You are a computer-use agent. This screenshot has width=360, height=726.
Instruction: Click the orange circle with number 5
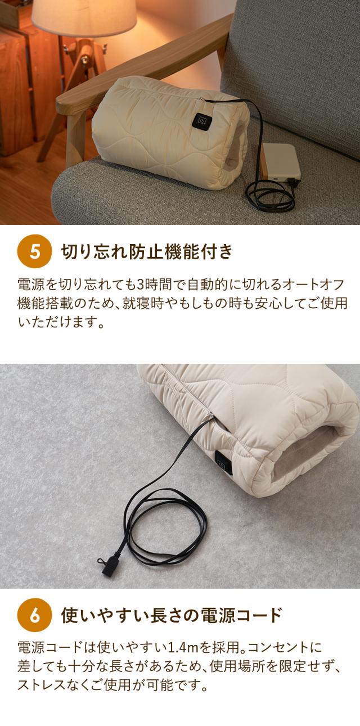(35, 251)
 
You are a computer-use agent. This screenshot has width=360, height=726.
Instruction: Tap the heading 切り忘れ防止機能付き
(146, 251)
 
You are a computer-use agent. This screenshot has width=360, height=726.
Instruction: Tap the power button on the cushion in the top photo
(201, 120)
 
